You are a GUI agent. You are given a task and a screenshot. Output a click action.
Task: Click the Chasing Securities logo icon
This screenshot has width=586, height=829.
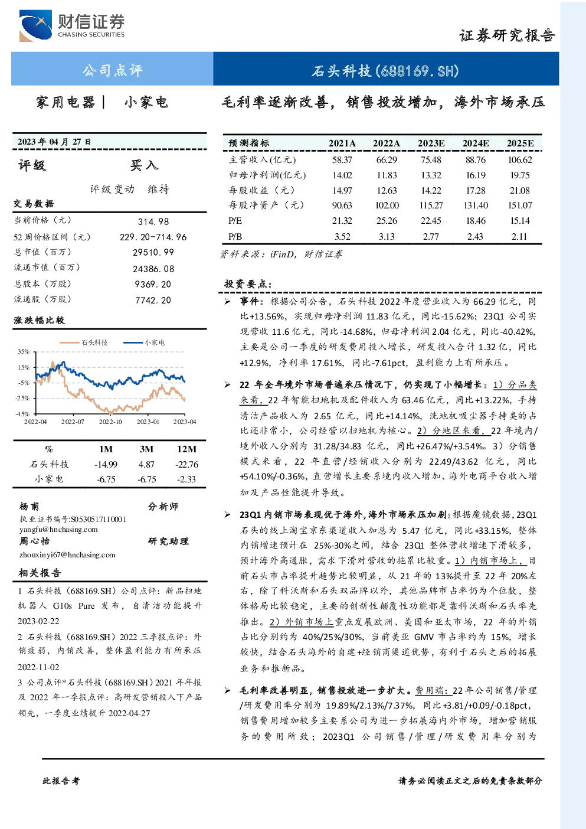tap(35, 25)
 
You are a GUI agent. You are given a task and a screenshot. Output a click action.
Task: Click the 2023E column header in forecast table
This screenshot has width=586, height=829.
tap(431, 143)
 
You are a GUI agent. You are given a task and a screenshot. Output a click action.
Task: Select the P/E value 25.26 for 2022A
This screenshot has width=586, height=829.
tap(387, 221)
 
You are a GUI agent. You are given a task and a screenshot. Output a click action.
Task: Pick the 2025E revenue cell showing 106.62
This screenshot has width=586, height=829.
tap(520, 160)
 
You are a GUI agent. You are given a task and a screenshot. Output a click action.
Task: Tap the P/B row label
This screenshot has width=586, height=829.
tap(235, 237)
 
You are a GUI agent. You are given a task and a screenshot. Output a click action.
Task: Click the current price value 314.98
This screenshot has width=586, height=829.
tap(153, 221)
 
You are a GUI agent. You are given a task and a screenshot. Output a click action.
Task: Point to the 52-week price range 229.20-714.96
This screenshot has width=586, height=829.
tap(153, 237)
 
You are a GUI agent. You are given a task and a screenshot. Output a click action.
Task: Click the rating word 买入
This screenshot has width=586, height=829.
tap(144, 165)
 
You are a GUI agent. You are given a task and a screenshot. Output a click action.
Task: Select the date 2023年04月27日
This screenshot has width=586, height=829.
tap(54, 142)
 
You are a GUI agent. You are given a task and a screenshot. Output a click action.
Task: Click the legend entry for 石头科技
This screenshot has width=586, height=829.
tap(84, 342)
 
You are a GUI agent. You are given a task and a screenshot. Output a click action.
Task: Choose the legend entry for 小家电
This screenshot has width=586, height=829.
tap(144, 342)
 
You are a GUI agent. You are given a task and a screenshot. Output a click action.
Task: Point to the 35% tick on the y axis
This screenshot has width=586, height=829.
tap(23, 351)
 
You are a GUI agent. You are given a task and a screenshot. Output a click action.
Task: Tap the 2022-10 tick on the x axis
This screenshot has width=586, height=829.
tap(110, 422)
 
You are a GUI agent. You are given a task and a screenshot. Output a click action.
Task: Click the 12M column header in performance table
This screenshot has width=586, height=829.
tap(186, 449)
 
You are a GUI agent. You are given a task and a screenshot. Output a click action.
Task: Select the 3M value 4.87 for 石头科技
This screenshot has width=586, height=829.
tap(146, 465)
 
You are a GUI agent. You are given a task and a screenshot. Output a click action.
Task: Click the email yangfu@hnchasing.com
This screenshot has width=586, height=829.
tap(58, 530)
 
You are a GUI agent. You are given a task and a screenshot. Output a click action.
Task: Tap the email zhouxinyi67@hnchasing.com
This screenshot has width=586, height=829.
tap(67, 555)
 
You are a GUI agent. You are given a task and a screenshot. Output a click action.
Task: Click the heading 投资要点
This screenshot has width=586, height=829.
tap(248, 284)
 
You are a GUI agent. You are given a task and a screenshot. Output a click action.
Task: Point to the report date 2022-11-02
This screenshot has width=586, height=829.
tap(38, 667)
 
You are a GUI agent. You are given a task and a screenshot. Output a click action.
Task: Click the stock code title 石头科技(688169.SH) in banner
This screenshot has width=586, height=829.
tap(385, 71)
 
